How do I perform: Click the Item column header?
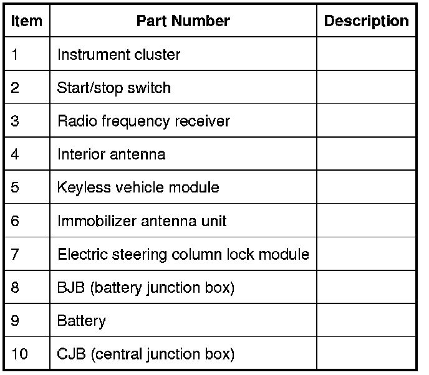click(27, 21)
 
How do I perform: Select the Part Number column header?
click(183, 21)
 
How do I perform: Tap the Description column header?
click(366, 21)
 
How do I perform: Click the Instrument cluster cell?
click(118, 54)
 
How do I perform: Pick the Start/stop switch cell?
click(113, 88)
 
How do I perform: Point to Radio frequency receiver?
click(143, 121)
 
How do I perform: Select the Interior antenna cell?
click(111, 154)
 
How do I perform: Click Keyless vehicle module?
click(138, 187)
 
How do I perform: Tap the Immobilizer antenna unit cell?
click(142, 221)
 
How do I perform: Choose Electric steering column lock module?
click(183, 254)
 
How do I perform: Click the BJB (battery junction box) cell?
click(145, 288)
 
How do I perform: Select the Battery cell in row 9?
click(81, 321)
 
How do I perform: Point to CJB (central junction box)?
click(145, 355)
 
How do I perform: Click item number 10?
click(19, 355)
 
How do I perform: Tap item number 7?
click(16, 254)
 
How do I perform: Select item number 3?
click(16, 121)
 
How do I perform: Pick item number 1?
click(16, 54)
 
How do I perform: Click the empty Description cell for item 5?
click(366, 187)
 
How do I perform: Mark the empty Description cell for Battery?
click(366, 321)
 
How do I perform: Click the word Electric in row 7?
click(79, 254)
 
